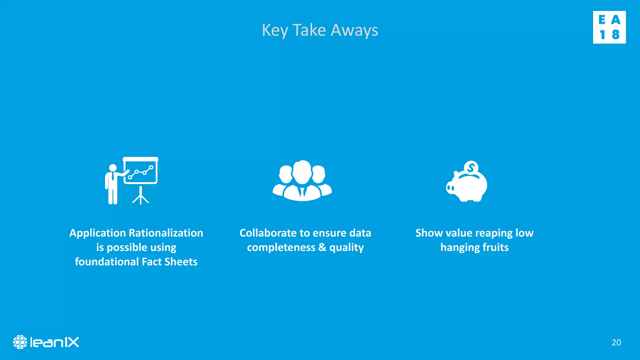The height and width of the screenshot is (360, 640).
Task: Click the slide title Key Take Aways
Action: (x=320, y=30)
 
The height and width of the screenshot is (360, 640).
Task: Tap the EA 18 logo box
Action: (x=609, y=27)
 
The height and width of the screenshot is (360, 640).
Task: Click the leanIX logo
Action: (x=46, y=342)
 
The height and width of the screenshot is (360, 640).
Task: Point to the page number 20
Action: (x=616, y=342)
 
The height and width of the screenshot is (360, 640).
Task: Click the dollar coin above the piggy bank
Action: (x=471, y=168)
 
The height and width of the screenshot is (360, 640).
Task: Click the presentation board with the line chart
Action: (x=141, y=171)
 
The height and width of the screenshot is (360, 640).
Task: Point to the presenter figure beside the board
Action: (x=112, y=184)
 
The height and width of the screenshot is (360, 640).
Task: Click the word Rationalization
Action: (x=166, y=233)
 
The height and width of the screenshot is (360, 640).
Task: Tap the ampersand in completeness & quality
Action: (x=322, y=247)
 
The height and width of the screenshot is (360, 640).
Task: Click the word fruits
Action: (x=496, y=247)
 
